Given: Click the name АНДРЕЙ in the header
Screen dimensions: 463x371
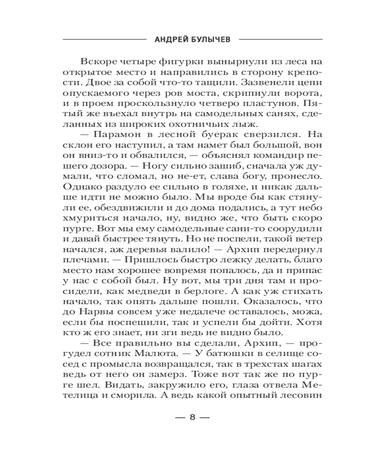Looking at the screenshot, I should [170, 39].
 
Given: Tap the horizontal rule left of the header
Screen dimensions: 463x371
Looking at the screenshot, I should [105, 40].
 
